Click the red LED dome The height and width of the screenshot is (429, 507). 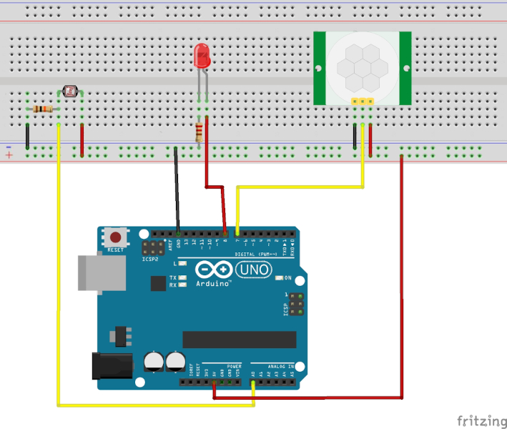tap(202, 55)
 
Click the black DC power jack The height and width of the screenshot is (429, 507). tap(112, 365)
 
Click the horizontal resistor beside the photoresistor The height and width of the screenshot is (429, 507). tap(43, 109)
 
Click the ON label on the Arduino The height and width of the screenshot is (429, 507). tap(288, 277)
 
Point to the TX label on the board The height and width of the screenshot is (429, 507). tap(172, 277)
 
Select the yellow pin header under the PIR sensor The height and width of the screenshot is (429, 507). tap(363, 102)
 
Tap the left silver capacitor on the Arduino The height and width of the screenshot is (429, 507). tap(154, 360)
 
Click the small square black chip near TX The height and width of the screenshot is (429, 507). tap(159, 283)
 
